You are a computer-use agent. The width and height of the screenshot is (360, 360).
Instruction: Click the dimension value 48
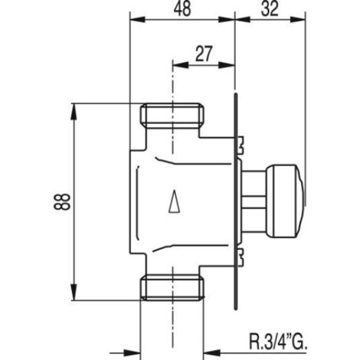point(182,9)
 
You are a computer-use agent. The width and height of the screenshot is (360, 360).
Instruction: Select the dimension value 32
point(270,9)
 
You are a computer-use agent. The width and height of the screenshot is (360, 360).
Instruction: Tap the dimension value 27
point(204,54)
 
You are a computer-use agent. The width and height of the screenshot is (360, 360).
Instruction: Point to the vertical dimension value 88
point(61,201)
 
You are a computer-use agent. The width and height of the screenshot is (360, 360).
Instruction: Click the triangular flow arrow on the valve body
point(175,201)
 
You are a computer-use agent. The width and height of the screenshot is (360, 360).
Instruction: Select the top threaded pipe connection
point(172,116)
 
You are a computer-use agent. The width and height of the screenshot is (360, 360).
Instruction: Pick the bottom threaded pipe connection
point(172,287)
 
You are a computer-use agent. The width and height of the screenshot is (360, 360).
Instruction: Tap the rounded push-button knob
point(286,201)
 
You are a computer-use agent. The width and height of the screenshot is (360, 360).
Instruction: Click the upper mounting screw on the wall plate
point(241,144)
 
